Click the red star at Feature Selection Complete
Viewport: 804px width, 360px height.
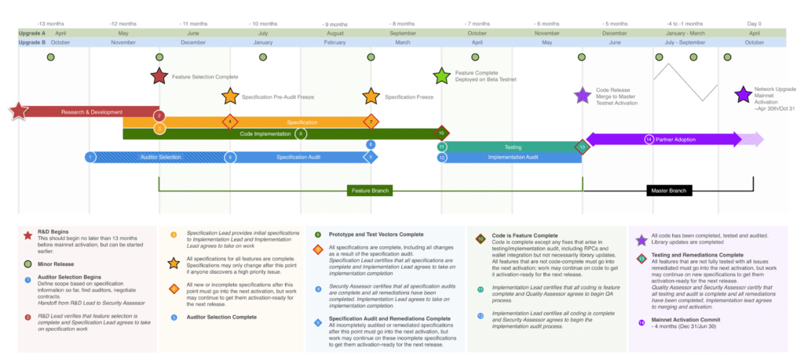click(159, 76)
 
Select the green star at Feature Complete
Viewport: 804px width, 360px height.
click(442, 75)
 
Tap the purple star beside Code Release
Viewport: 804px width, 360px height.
click(582, 96)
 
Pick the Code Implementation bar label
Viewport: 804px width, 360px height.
click(265, 133)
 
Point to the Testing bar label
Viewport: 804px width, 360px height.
click(513, 147)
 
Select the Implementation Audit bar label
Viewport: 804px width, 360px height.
click(513, 157)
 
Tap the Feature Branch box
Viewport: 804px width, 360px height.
click(370, 191)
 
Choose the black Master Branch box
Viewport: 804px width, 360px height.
click(667, 191)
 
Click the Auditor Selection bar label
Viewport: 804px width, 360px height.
click(160, 157)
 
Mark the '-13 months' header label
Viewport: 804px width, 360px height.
click(51, 24)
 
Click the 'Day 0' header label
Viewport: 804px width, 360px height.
click(754, 24)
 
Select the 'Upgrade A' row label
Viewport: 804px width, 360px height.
click(32, 33)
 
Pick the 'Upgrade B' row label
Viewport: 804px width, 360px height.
click(32, 42)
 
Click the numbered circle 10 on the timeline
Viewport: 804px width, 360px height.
click(442, 133)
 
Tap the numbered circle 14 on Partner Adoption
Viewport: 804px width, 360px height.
click(649, 140)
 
